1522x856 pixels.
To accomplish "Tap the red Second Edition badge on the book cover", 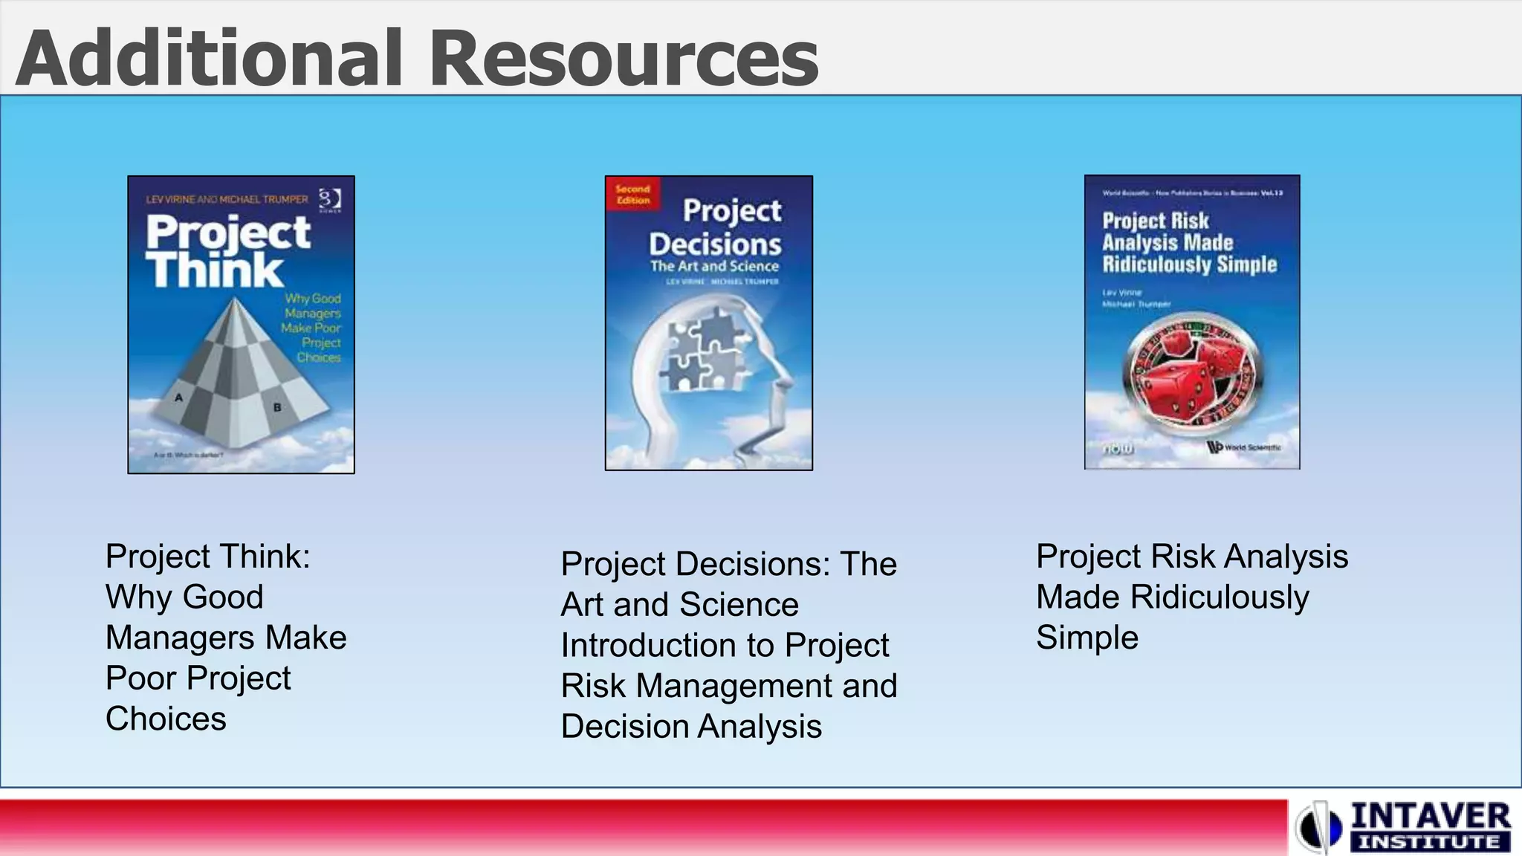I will click(632, 194).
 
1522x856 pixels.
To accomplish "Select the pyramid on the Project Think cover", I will click(230, 372).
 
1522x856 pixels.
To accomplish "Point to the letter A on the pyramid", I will click(178, 398).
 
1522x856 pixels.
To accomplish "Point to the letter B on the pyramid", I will click(277, 407).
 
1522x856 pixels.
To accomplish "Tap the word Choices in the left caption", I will click(166, 719).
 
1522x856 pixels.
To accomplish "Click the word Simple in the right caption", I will click(1087, 638).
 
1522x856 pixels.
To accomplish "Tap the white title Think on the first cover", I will click(216, 269).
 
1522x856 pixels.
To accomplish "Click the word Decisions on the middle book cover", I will click(715, 244).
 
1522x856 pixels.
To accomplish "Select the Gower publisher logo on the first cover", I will click(330, 200).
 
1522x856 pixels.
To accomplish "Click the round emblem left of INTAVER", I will click(1320, 827).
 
